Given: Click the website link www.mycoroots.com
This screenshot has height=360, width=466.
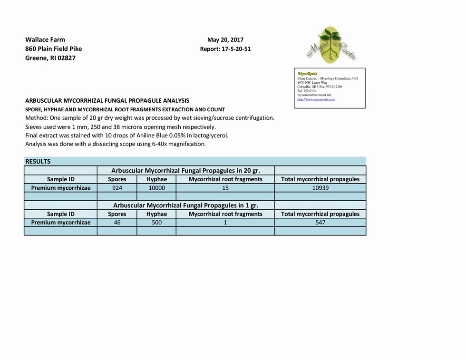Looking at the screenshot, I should [316, 100].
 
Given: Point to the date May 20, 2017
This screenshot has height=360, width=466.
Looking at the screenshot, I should [225, 40].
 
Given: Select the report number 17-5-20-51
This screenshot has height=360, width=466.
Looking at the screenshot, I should [225, 49].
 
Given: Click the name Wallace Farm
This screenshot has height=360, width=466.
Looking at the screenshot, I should [45, 40].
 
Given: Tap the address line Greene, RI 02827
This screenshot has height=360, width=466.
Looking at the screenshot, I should [50, 58].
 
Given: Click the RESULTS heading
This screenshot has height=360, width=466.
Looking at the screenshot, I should [38, 162].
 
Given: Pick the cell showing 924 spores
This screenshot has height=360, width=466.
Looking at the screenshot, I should [117, 188].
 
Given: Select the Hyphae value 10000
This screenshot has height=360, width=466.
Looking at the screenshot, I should [156, 188].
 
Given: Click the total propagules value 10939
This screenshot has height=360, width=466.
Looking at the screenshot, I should [320, 188].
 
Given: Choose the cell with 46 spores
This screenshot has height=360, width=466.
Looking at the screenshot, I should [117, 223].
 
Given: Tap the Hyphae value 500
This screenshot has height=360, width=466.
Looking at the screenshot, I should [156, 223].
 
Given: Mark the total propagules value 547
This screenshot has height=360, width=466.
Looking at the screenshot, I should [320, 223].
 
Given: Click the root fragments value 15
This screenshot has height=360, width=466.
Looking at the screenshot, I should [225, 188].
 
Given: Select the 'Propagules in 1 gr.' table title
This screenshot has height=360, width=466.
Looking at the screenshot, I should [185, 205].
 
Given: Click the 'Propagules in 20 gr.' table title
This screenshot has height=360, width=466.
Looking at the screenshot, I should [185, 170].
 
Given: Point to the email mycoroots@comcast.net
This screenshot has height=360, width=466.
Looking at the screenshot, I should [314, 95].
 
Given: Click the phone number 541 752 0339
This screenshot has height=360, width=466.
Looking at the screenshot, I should [307, 91].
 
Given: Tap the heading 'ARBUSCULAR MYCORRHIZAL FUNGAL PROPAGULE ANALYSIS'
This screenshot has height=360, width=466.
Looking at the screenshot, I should [107, 101].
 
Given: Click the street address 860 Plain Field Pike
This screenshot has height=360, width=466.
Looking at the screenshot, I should [53, 49].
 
